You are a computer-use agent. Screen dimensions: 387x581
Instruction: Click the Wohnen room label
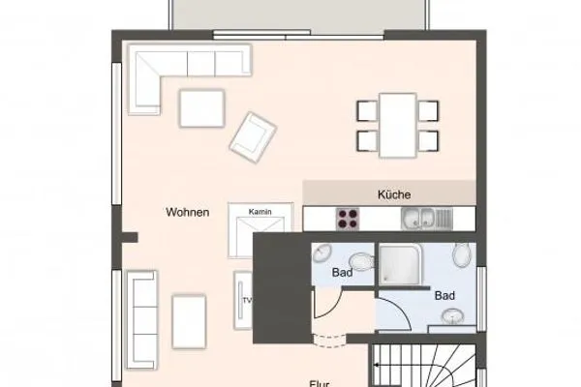188,213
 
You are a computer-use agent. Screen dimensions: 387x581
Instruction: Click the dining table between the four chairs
397,123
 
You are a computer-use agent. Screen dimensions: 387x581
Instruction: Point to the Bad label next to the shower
444,294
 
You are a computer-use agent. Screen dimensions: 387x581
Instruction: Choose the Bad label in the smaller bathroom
341,272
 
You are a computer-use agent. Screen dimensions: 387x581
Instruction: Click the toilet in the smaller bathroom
360,263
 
